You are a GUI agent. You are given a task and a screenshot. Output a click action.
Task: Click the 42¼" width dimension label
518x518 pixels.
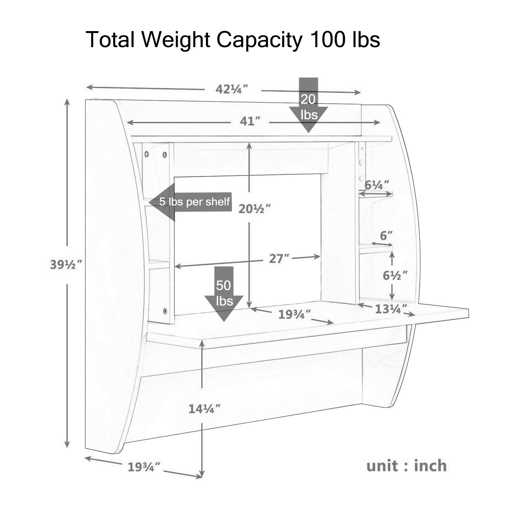tap(232, 89)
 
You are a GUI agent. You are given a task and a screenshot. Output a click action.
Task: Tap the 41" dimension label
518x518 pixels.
tap(250, 121)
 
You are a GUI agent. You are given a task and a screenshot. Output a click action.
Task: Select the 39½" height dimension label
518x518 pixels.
tap(66, 265)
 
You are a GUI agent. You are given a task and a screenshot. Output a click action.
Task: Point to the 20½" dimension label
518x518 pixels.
tap(255, 209)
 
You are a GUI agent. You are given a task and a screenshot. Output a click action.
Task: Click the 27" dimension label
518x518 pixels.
tap(279, 259)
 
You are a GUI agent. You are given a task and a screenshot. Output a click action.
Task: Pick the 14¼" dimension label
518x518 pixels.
tap(204, 409)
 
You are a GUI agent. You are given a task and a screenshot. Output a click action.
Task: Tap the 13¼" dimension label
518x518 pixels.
tap(391, 309)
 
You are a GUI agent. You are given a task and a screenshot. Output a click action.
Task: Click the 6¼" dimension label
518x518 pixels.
tap(377, 185)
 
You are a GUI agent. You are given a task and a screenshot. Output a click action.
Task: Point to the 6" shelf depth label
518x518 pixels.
tap(386, 236)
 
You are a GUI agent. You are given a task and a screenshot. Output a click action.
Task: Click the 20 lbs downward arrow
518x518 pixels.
tap(308, 105)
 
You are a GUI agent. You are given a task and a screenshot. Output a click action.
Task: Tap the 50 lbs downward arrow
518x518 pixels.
tap(224, 294)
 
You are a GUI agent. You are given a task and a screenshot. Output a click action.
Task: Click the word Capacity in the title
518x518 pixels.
tap(259, 40)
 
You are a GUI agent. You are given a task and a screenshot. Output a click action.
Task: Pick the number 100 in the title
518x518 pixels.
tap(327, 39)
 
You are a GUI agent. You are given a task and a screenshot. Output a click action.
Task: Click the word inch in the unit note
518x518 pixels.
tap(430, 466)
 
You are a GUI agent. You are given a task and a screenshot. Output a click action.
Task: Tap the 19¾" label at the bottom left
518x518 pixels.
tap(144, 467)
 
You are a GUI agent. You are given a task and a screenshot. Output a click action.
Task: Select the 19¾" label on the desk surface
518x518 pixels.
tap(295, 314)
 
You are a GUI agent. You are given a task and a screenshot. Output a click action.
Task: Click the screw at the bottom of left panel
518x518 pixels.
tap(165, 312)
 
